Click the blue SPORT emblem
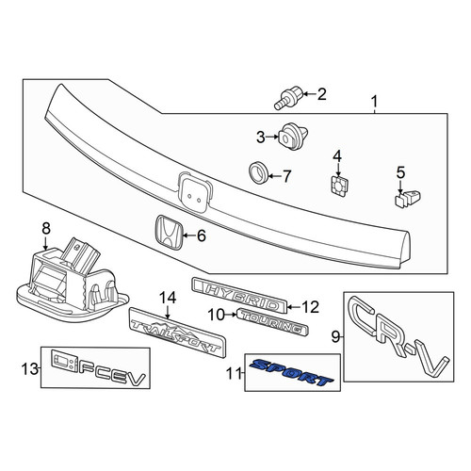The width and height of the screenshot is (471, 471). point(291,373)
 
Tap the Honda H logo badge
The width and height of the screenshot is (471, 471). point(169,233)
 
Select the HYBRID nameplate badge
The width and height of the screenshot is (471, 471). point(238,295)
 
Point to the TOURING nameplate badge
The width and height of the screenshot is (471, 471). point(272,321)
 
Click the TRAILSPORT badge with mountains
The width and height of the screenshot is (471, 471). point(178,333)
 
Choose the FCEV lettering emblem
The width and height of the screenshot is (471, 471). point(98,369)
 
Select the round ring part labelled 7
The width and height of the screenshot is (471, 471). point(258,172)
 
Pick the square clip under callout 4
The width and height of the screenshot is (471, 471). point(339,186)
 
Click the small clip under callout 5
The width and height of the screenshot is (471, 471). point(407,199)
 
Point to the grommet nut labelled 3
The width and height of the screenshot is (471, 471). point(293,137)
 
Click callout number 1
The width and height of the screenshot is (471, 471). point(374,102)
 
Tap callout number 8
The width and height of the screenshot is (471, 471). point(46,228)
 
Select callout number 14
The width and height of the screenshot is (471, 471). point(168,298)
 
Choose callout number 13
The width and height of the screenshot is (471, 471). point(29,369)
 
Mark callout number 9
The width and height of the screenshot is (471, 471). point(335,337)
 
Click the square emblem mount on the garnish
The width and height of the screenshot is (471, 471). point(194,192)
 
